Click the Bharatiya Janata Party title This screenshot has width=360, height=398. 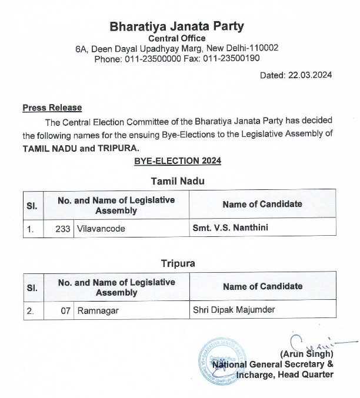[176, 26]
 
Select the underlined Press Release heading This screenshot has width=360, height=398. [52, 108]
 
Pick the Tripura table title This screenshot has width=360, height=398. [177, 263]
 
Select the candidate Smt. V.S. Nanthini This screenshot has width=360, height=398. [230, 228]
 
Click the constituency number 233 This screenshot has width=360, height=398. [65, 228]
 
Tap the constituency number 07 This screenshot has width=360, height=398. [67, 310]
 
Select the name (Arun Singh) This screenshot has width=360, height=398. [308, 354]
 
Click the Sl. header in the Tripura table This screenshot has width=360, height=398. [32, 287]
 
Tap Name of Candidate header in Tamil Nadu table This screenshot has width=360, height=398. [262, 204]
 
